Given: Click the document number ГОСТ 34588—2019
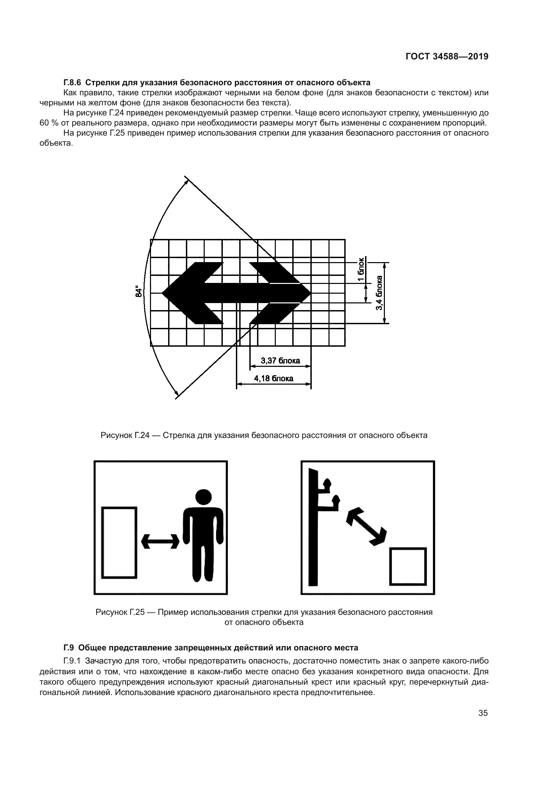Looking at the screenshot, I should [x=447, y=56].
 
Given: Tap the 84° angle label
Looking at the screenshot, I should [x=138, y=291].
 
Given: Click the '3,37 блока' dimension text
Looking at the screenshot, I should [x=280, y=360].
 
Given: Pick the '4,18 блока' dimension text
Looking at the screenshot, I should [x=273, y=379].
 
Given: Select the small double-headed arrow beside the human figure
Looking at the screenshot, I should [x=160, y=542].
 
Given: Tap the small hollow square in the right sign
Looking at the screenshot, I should [x=408, y=567].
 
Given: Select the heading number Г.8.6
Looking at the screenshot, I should [x=72, y=83].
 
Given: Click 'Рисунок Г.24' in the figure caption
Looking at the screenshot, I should [x=125, y=435].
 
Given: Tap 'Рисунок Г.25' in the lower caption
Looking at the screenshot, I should [x=120, y=612].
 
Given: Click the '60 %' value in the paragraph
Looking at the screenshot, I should [x=50, y=123].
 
